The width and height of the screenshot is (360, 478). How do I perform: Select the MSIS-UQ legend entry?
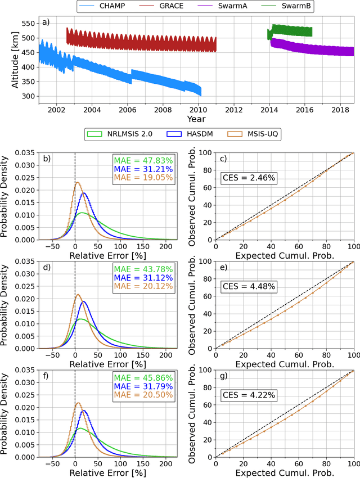pyautogui.click(x=253, y=135)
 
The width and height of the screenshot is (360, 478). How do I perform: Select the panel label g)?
pyautogui.click(x=223, y=377)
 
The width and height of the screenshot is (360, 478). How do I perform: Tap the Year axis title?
pyautogui.click(x=196, y=119)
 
